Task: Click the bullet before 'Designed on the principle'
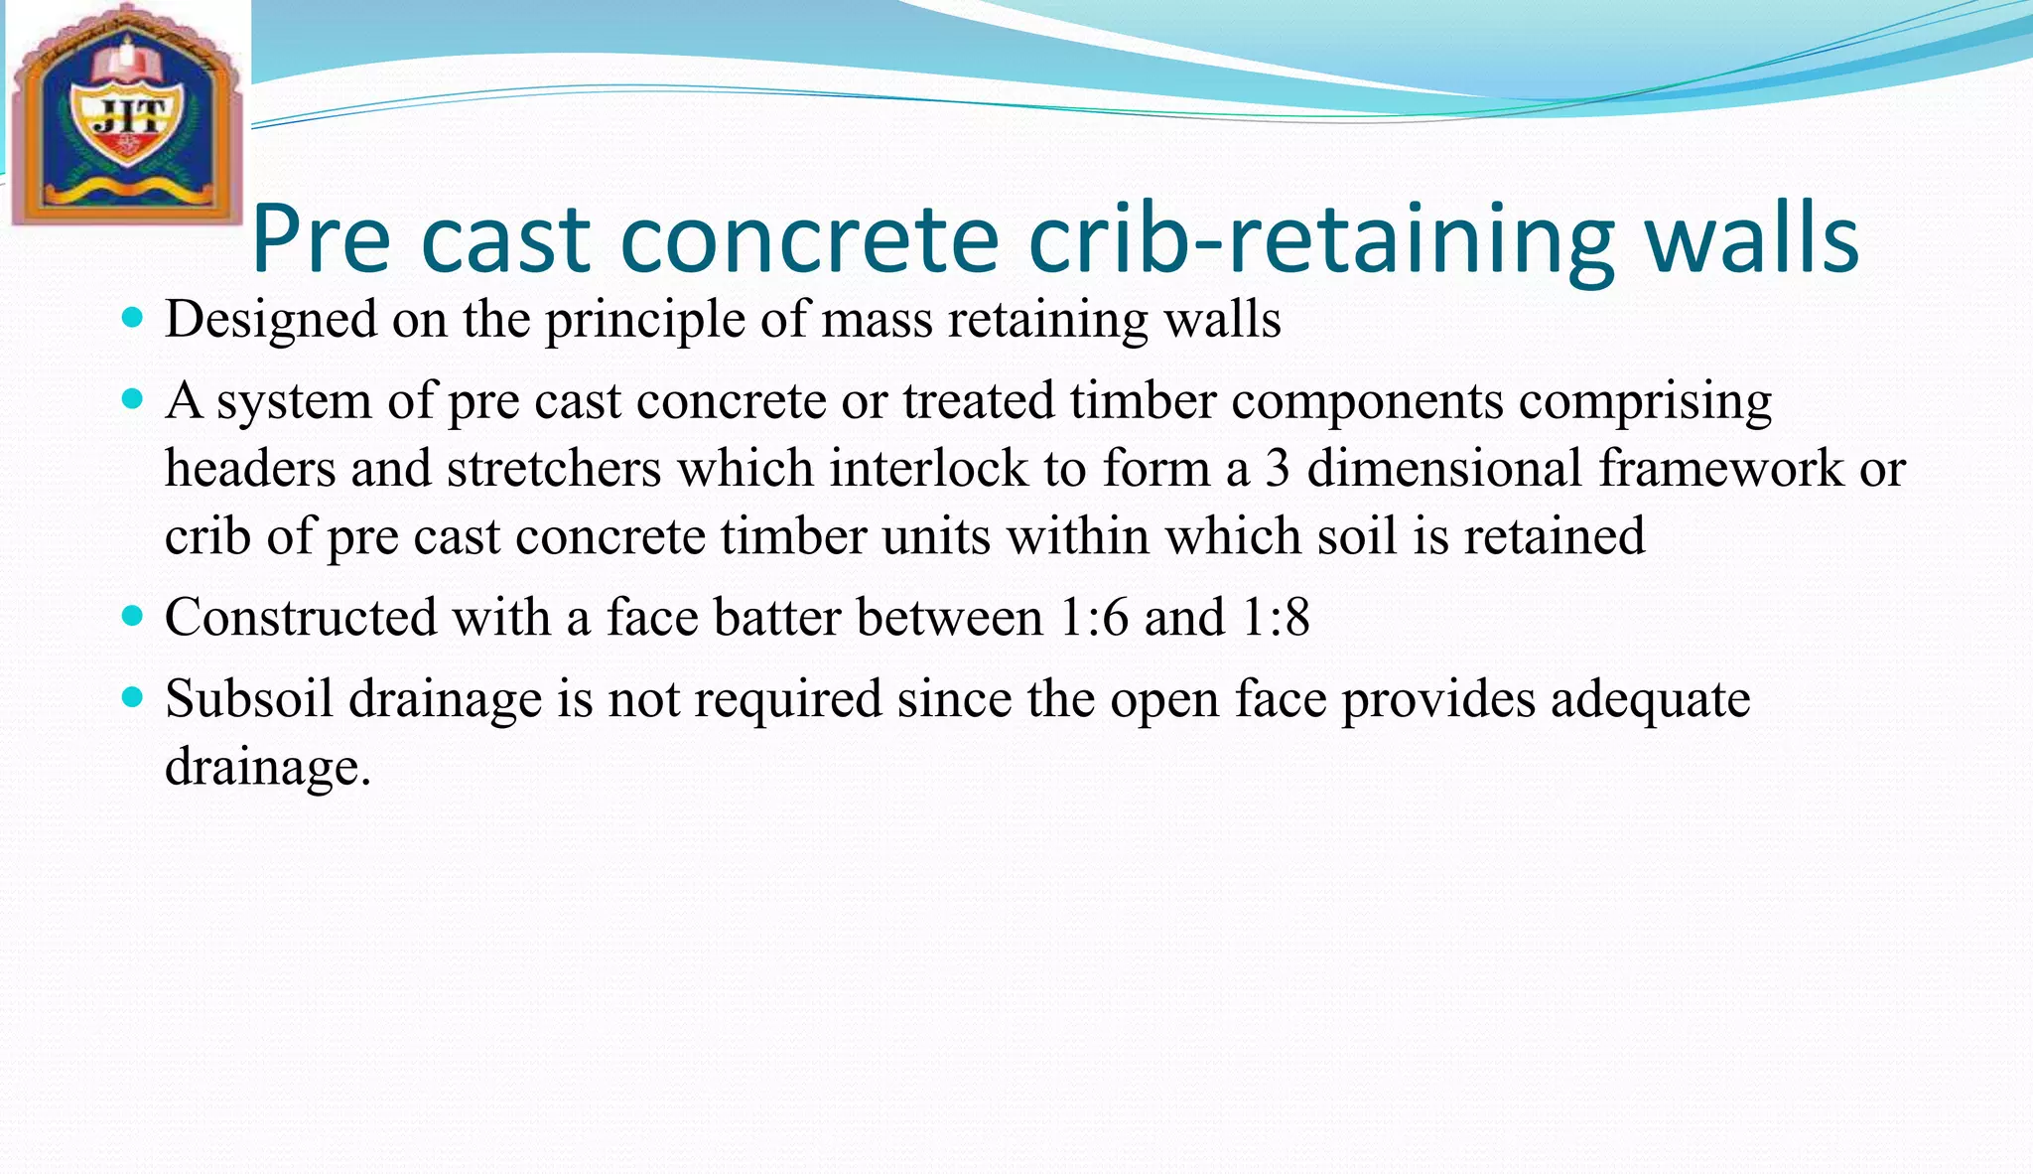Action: tap(131, 319)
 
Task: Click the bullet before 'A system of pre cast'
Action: tap(131, 400)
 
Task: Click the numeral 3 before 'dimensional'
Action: tap(1278, 469)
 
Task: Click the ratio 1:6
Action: tap(1094, 618)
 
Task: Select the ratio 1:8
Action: tap(1276, 618)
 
